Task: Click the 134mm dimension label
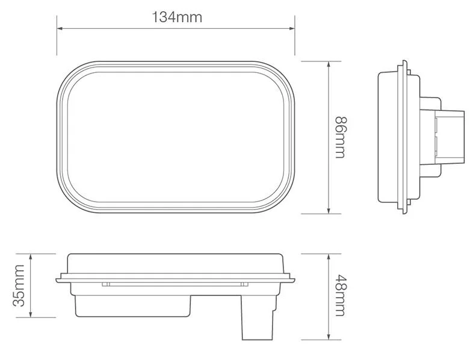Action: pos(177,17)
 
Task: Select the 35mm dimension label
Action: pos(19,285)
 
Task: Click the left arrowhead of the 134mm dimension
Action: pos(60,28)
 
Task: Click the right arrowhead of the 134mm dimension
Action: pos(292,28)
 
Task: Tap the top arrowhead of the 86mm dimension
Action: pos(329,64)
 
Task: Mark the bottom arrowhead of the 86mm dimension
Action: pos(329,211)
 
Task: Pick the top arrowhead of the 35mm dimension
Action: pos(30,256)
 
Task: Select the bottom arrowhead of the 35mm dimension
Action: pos(30,315)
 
